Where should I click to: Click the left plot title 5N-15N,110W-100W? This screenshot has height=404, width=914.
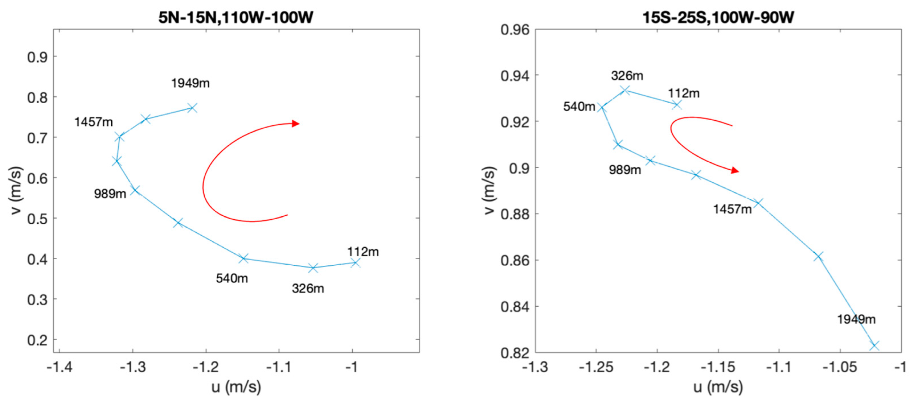pyautogui.click(x=236, y=17)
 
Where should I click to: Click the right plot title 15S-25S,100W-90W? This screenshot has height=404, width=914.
pyautogui.click(x=718, y=17)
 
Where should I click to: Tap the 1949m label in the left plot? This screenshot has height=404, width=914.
pyautogui.click(x=190, y=83)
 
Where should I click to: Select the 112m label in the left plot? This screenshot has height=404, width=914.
pyautogui.click(x=363, y=252)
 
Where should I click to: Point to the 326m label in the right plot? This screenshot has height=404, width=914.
pyautogui.click(x=627, y=75)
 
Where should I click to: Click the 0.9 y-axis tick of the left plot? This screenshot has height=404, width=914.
pyautogui.click(x=37, y=57)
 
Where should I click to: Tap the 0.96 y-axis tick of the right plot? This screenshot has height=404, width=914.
pyautogui.click(x=515, y=30)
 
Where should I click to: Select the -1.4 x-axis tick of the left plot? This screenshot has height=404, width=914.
pyautogui.click(x=59, y=367)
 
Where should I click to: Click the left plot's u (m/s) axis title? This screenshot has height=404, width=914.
pyautogui.click(x=236, y=387)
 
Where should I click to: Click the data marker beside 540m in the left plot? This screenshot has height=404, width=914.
pyautogui.click(x=243, y=258)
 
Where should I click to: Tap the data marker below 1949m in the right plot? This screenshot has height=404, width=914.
pyautogui.click(x=874, y=345)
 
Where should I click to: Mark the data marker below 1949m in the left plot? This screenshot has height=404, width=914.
pyautogui.click(x=192, y=107)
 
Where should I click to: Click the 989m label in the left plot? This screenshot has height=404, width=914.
pyautogui.click(x=110, y=194)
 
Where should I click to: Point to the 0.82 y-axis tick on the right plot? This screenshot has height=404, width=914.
pyautogui.click(x=515, y=353)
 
